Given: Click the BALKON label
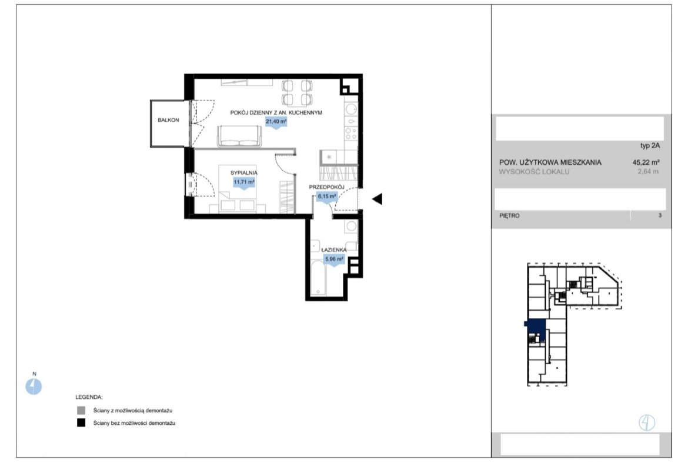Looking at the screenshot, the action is (169, 120).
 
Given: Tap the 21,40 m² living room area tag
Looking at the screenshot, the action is (276, 122).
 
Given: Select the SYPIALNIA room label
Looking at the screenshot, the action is (244, 173).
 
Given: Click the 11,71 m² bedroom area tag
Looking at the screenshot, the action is (244, 182).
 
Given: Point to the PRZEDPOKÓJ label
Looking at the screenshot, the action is (326, 188).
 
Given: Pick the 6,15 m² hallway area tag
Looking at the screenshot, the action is (328, 197).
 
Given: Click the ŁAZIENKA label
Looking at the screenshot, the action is (334, 250).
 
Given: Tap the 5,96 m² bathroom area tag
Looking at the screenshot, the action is (334, 260).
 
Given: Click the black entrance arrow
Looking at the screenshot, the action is (378, 199).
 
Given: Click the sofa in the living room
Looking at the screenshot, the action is (239, 137).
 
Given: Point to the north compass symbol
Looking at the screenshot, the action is (34, 387).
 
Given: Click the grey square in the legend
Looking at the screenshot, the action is (81, 411).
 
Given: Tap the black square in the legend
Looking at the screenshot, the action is (81, 423).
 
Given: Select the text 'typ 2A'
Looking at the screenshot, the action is (650, 146).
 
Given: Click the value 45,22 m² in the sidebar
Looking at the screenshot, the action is (646, 162).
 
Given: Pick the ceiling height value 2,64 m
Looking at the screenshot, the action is (648, 172).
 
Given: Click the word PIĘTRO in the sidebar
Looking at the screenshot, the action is (509, 215).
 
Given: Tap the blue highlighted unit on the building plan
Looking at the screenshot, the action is (536, 328).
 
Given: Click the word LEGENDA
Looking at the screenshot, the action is (89, 397).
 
